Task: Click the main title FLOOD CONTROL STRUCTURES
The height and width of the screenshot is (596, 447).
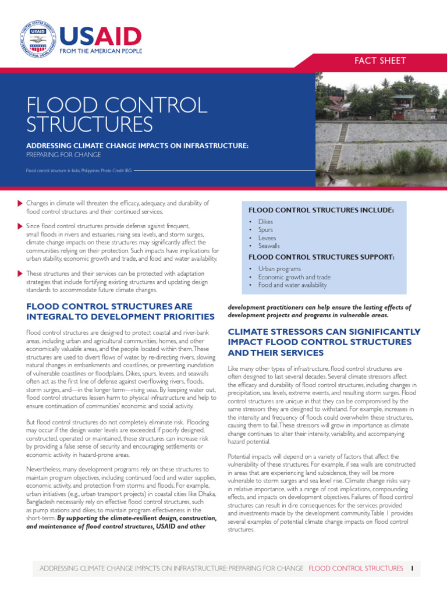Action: (x=116, y=115)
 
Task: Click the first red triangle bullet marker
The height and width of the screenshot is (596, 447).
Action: (x=21, y=203)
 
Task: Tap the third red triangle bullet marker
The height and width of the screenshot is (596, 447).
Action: (x=21, y=274)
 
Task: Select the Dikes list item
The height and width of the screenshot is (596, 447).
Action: (x=265, y=222)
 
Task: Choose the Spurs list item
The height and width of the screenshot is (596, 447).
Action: (x=265, y=230)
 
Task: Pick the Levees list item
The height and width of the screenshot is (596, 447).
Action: (x=267, y=238)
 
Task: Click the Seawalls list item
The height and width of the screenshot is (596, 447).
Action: (x=269, y=246)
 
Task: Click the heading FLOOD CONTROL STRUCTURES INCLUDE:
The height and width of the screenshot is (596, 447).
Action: (x=321, y=210)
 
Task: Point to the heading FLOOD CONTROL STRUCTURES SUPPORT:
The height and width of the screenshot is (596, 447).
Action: (x=321, y=257)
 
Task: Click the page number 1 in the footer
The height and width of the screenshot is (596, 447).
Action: (x=411, y=568)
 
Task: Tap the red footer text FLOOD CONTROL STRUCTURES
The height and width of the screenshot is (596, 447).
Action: (x=356, y=568)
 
